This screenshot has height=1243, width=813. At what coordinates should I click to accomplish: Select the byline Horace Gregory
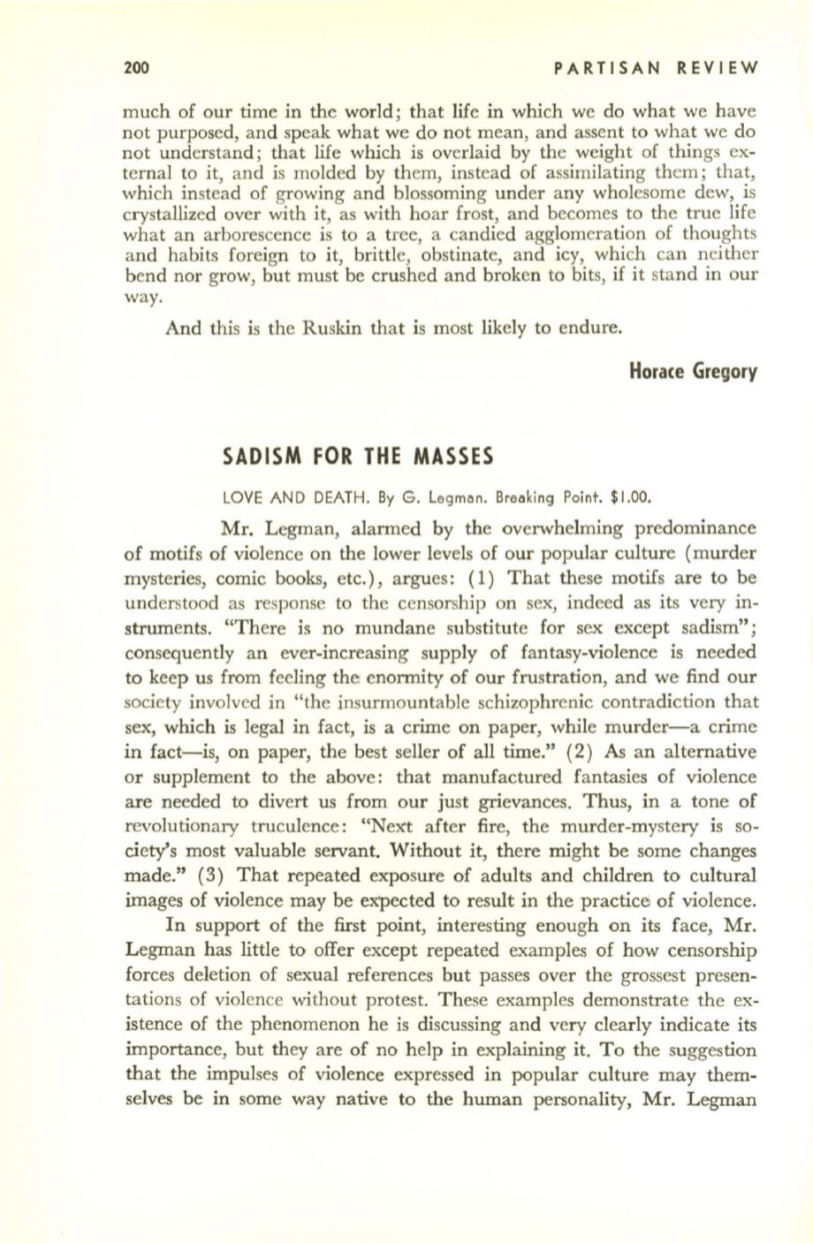pyautogui.click(x=694, y=371)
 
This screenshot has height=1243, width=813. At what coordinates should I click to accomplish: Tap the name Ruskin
pyautogui.click(x=304, y=330)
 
